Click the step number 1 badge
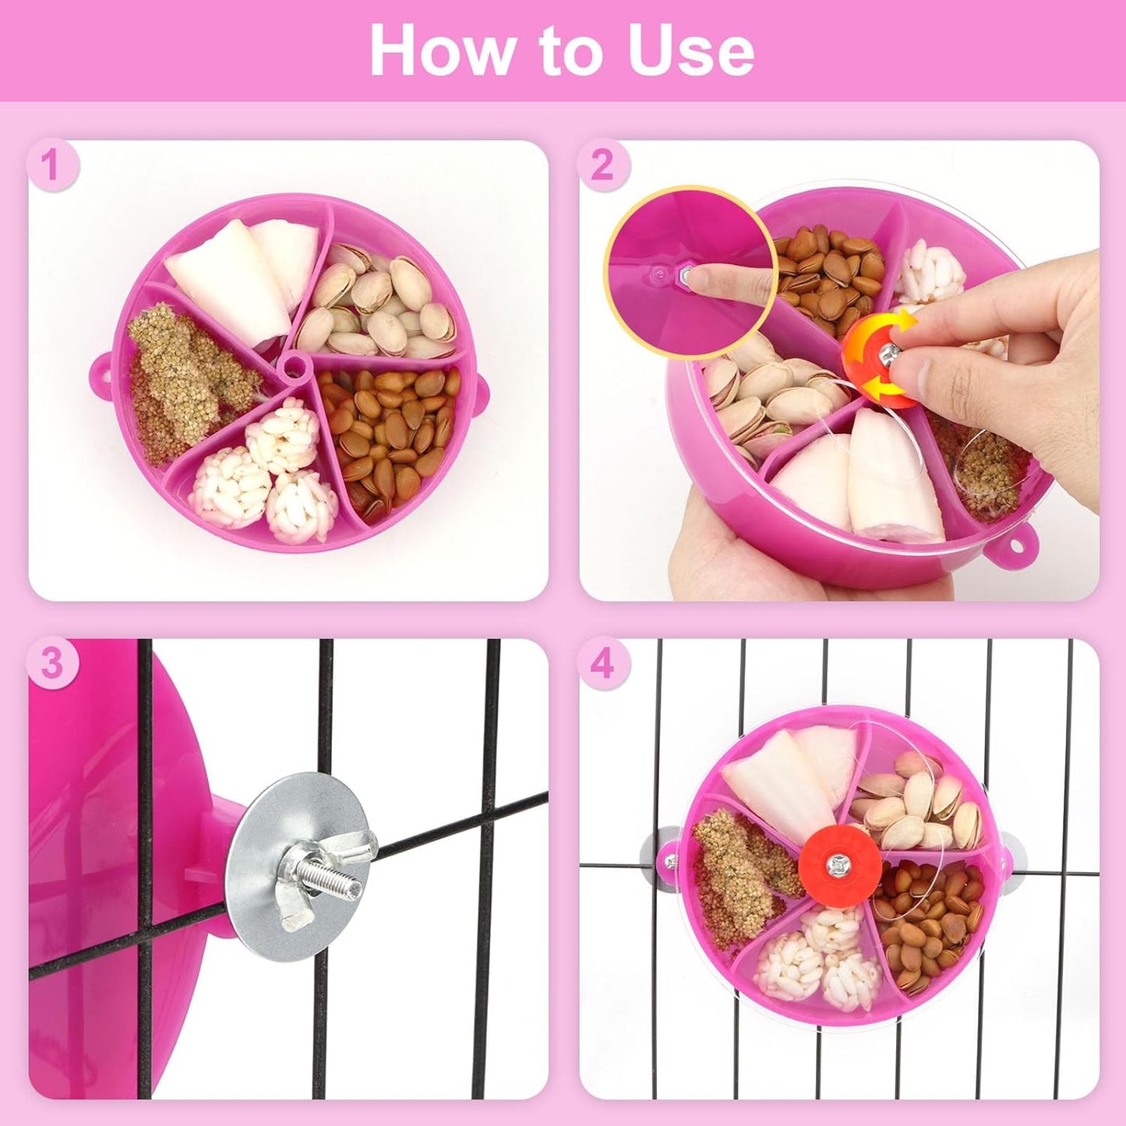tap(51, 165)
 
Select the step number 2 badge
tap(602, 165)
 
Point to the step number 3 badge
tap(51, 664)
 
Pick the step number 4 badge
tap(602, 664)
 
